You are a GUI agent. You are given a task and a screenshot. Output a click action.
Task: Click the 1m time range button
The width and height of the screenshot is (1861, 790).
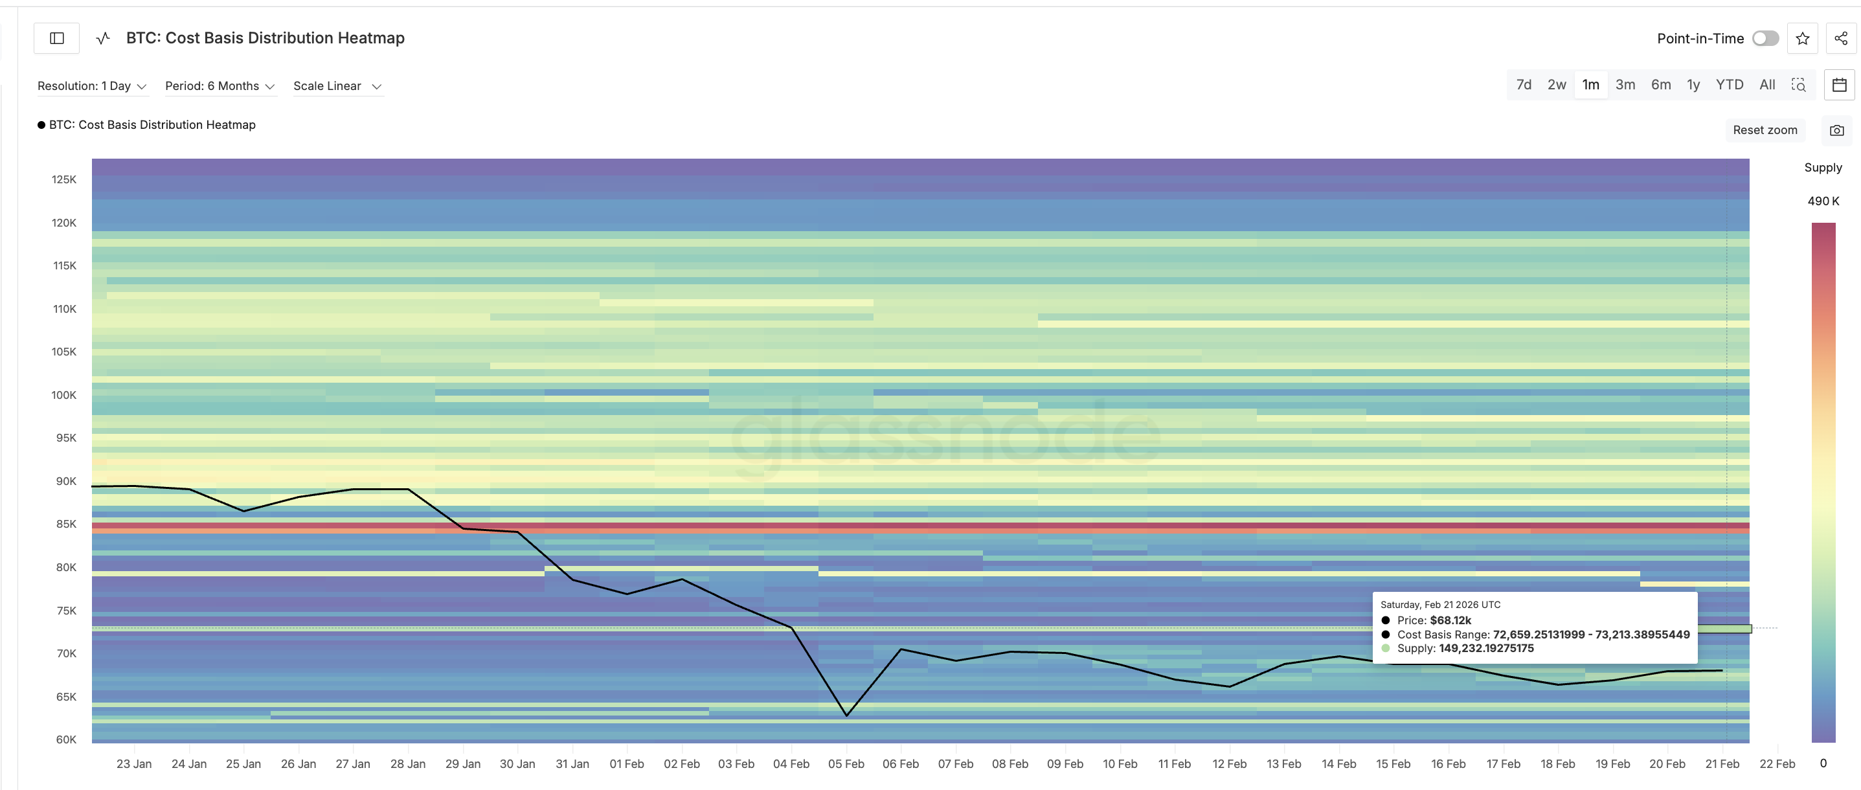click(1590, 84)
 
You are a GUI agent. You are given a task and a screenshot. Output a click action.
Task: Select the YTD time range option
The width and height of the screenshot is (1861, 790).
click(1729, 84)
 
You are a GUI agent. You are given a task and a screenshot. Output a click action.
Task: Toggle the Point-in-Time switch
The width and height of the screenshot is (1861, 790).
click(1765, 38)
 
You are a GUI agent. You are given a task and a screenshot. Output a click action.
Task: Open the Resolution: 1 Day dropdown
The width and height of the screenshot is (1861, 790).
click(92, 86)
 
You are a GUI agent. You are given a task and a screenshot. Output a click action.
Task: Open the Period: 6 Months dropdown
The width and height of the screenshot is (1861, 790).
click(220, 86)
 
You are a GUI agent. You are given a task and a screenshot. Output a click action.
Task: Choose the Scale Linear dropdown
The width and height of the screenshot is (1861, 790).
click(337, 86)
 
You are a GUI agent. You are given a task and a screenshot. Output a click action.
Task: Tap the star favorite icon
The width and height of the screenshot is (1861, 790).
click(1803, 38)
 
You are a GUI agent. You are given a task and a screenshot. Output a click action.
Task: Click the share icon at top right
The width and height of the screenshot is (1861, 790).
click(1841, 38)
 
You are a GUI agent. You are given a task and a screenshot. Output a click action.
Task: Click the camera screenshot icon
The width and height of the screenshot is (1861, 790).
click(1836, 130)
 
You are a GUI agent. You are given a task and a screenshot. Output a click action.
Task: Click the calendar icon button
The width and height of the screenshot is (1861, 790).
click(1840, 84)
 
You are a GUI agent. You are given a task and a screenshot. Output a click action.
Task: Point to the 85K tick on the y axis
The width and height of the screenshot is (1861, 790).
click(66, 524)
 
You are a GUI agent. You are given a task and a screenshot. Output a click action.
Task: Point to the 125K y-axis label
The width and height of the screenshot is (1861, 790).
click(63, 179)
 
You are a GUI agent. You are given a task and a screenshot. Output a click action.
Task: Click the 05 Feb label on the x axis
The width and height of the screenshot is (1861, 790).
click(846, 763)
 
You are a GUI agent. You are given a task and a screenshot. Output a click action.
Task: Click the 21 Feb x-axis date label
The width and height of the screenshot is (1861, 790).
click(1722, 763)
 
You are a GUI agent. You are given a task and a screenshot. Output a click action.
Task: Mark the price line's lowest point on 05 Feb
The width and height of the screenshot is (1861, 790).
click(847, 715)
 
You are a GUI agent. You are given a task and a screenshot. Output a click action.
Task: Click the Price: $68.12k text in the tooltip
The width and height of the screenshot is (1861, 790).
click(1434, 620)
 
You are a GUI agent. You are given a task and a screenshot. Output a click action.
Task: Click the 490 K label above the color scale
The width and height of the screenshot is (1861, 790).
click(1823, 201)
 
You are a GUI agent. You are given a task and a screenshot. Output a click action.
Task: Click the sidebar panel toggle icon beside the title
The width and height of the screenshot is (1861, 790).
click(57, 38)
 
